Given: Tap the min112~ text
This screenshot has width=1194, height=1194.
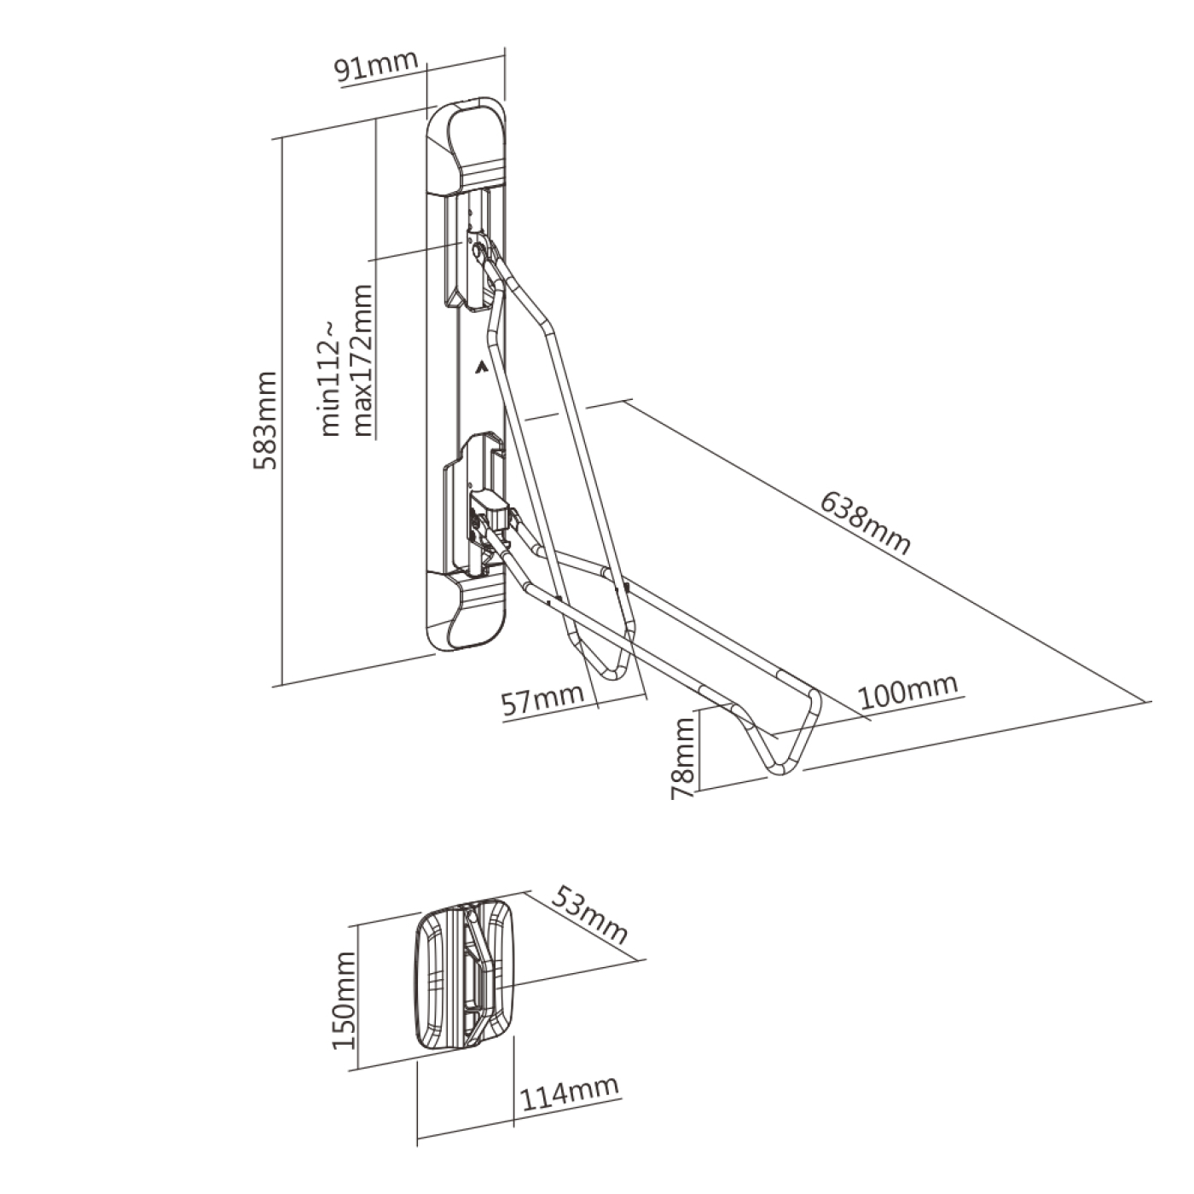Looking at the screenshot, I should (331, 375).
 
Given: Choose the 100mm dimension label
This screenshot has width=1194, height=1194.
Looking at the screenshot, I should (907, 693).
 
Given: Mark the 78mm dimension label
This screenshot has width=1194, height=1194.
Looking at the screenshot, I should (684, 757).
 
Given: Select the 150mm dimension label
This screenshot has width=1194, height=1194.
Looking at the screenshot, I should (344, 1000).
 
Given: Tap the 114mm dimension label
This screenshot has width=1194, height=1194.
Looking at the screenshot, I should (570, 1093).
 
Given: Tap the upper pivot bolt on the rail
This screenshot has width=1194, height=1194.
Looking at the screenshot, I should (481, 251).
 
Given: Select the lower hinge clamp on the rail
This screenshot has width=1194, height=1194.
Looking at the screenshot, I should (490, 512).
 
